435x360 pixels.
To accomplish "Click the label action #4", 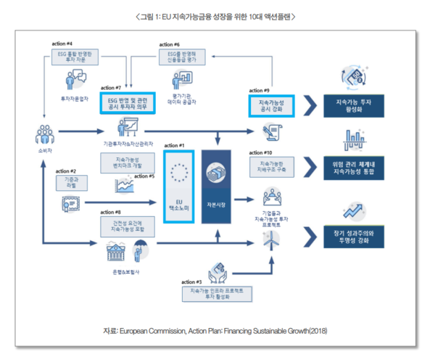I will (62, 44).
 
